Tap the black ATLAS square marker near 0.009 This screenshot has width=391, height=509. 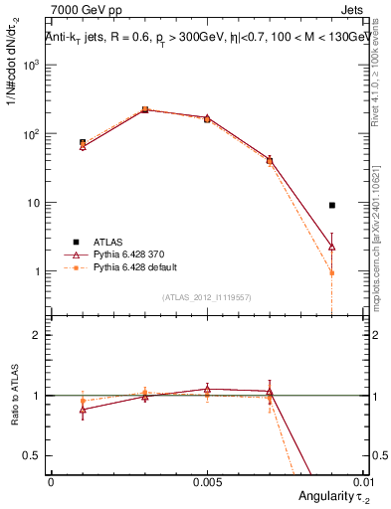pyautogui.click(x=332, y=205)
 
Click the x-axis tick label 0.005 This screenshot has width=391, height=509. pyautogui.click(x=207, y=481)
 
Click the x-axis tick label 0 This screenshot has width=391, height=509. pyautogui.click(x=51, y=481)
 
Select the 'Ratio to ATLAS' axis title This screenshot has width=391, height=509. pyautogui.click(x=14, y=396)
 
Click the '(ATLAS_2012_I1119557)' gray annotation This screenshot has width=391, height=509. pyautogui.click(x=207, y=297)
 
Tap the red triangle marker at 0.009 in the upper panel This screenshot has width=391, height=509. pyautogui.click(x=332, y=246)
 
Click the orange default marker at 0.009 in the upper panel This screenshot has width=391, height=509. pyautogui.click(x=332, y=272)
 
